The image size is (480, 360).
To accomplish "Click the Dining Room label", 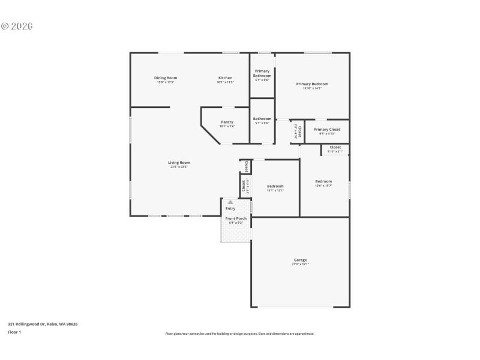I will tap(166, 78).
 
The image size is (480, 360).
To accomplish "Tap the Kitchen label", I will tap(225, 78).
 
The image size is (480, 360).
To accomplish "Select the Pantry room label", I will tap(227, 122).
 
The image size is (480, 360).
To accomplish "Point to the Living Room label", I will tap(179, 163).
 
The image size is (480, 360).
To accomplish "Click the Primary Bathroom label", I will tap(262, 73).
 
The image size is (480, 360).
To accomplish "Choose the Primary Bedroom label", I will tap(312, 84).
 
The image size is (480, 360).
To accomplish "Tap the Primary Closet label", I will tap(327, 130).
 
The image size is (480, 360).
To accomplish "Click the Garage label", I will tap(300, 260).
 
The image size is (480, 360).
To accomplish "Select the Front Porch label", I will tap(236, 218).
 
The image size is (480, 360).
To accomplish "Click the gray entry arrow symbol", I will tap(230, 203).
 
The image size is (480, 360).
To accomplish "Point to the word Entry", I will tap(230, 208).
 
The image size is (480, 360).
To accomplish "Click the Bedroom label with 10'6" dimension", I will tap(323, 181).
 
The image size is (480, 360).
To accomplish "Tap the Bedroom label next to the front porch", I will tap(275, 186).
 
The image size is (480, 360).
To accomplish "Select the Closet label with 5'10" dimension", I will tap(335, 147).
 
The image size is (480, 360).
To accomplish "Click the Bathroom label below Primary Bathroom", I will tap(262, 119).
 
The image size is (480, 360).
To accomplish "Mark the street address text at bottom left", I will tap(43, 324).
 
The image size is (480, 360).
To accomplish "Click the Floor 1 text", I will tap(14, 332).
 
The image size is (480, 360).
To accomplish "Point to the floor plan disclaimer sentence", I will tap(239, 334).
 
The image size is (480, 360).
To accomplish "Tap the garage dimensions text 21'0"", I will tap(300, 265).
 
